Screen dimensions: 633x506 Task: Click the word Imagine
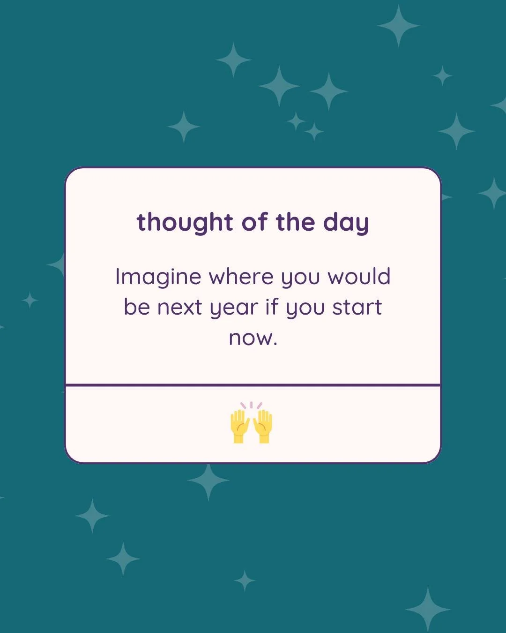pos(158,278)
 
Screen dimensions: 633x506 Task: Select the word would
pos(359,277)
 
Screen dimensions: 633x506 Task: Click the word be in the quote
pos(136,307)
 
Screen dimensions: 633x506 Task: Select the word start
pos(357,307)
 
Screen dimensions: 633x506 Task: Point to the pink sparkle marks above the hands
pos(251,405)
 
